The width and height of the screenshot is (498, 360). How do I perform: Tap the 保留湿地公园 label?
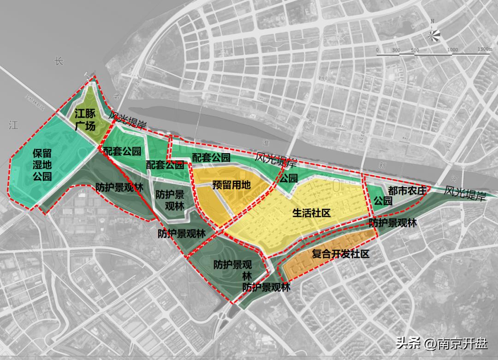[x=42, y=164]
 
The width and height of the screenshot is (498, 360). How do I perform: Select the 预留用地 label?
[x=231, y=185]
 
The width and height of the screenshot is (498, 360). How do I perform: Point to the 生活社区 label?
[x=312, y=213]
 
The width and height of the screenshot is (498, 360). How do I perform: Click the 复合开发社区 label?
[x=340, y=254]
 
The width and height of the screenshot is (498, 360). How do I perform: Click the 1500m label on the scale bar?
[x=485, y=49]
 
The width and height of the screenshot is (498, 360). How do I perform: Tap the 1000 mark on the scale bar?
[x=452, y=49]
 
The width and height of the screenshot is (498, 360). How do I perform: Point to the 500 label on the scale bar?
[x=415, y=49]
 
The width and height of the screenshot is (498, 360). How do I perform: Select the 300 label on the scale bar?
[x=396, y=49]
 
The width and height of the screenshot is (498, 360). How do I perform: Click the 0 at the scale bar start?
[x=377, y=49]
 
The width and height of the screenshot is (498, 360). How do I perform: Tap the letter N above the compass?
[x=432, y=21]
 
